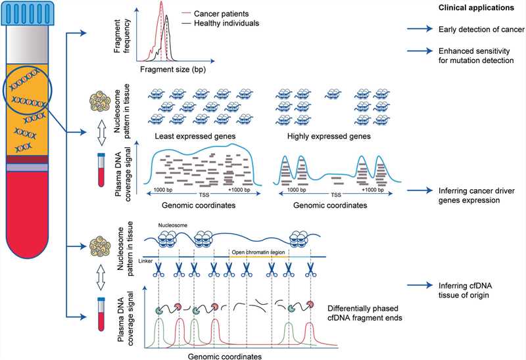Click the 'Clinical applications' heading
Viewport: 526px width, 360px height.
(476, 8)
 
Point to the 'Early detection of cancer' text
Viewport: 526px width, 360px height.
(481, 30)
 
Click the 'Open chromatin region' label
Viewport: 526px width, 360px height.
(260, 252)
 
